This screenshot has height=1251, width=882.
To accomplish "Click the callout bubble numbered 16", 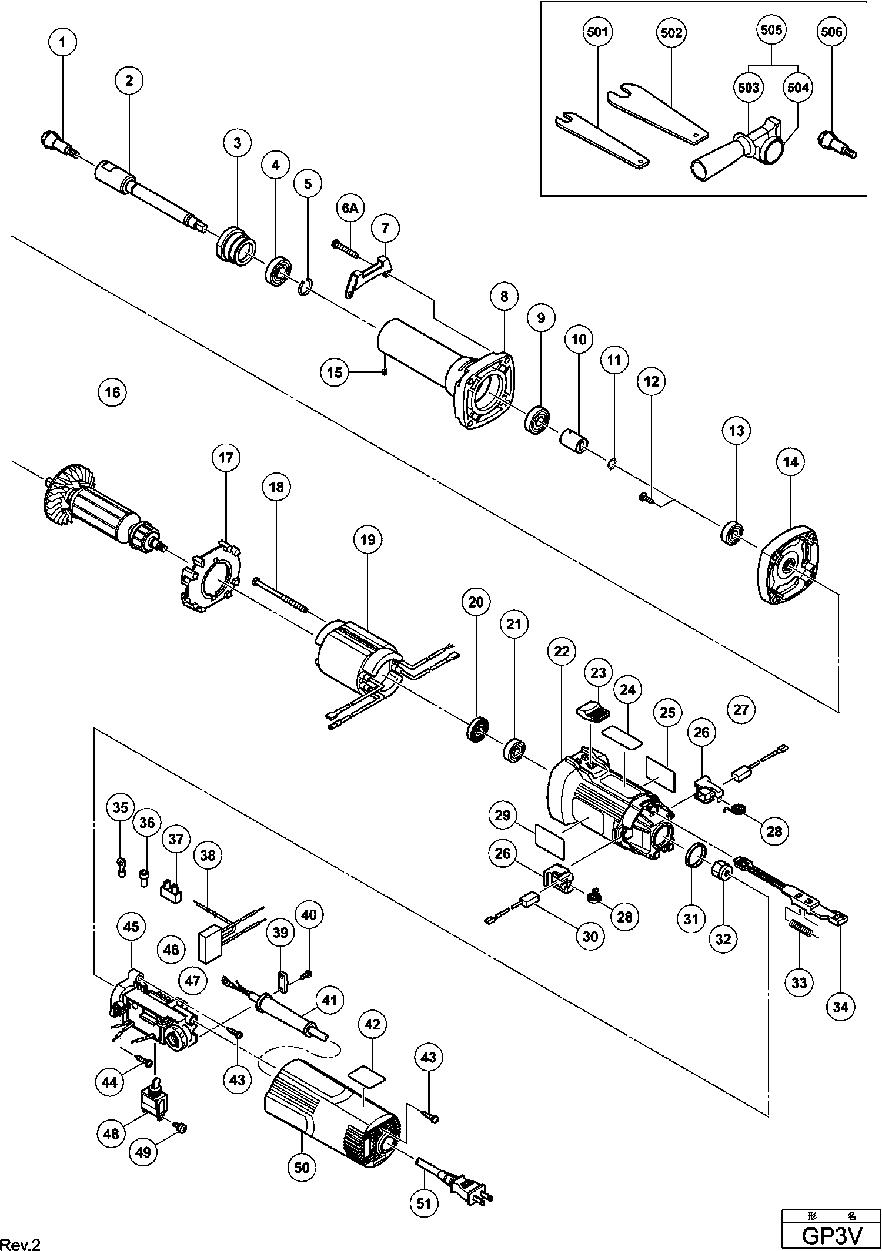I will pyautogui.click(x=113, y=392).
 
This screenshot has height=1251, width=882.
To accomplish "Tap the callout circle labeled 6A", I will pyautogui.click(x=349, y=207).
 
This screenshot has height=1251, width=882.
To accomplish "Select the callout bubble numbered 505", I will pyautogui.click(x=771, y=29).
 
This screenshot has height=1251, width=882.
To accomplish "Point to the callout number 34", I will pyautogui.click(x=841, y=1007).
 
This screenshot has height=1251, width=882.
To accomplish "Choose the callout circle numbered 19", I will pyautogui.click(x=368, y=539).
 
